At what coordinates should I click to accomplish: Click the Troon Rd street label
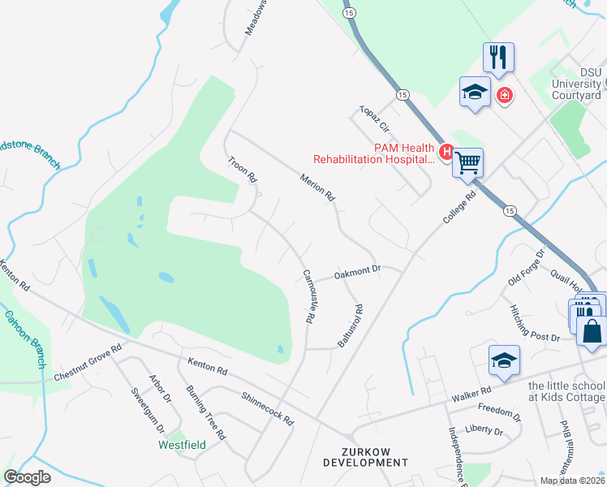tap(242, 169)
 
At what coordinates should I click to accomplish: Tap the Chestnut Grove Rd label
tap(88, 362)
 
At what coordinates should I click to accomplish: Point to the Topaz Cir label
tap(375, 119)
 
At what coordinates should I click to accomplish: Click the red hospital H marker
tap(446, 151)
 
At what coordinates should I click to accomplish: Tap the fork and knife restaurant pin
tap(498, 56)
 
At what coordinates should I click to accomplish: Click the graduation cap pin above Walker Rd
tap(504, 360)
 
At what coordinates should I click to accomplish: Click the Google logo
tap(28, 477)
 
